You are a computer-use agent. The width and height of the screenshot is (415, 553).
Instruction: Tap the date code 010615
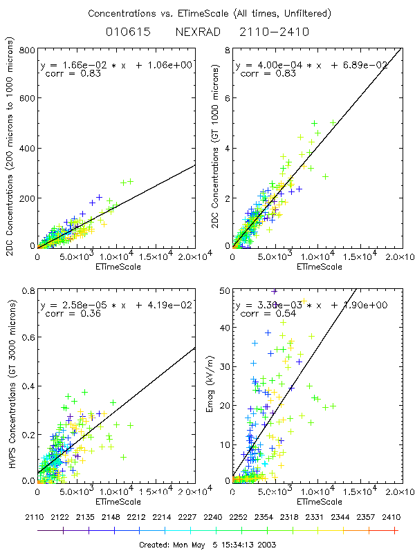129,32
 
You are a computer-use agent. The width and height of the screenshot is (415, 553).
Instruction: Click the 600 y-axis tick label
27,100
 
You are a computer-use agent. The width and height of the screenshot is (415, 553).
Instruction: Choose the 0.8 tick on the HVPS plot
28,291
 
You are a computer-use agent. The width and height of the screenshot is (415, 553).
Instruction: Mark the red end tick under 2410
395,530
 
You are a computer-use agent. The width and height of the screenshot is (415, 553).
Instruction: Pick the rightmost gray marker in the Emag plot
333,406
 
